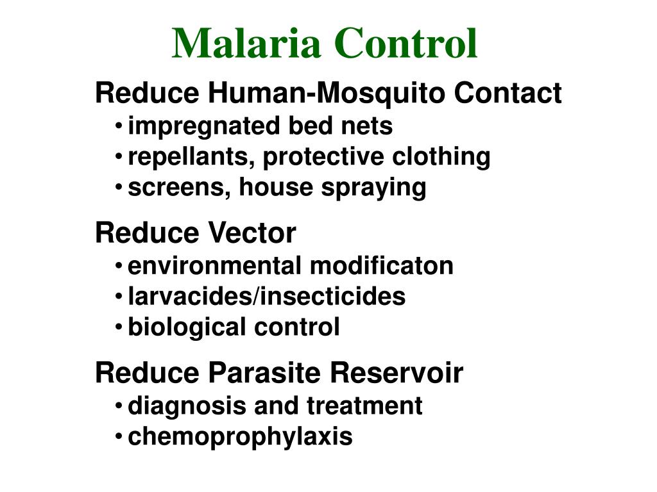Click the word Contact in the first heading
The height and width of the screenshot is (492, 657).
[x=508, y=94]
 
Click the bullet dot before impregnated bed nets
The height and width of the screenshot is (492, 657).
[x=120, y=126]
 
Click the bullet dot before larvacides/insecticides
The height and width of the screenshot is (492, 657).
[x=120, y=297]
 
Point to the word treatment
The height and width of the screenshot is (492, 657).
[x=364, y=406]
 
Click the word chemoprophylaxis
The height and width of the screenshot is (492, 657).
[x=241, y=437]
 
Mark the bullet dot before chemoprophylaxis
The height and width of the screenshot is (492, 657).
[x=120, y=437]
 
